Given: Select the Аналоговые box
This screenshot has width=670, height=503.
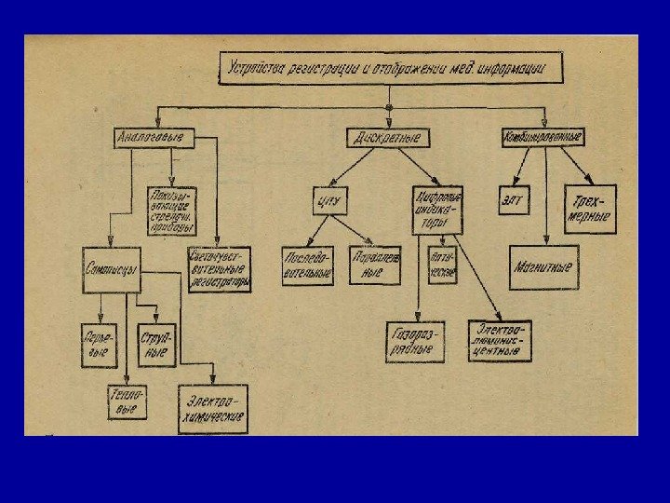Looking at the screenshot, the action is [149, 138].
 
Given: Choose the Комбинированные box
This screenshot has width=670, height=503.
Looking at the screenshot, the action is [543, 137].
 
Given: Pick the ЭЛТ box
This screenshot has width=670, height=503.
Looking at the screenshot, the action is [515, 198].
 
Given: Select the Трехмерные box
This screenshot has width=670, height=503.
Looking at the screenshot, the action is [590, 208].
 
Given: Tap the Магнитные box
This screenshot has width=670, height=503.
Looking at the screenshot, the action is [543, 267].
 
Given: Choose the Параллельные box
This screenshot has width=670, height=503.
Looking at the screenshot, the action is [374, 265].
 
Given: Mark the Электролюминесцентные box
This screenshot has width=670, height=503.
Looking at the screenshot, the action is [500, 341].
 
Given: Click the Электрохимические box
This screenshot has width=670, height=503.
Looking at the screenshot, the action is [214, 410].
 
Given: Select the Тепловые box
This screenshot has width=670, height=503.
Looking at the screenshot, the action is [126, 401].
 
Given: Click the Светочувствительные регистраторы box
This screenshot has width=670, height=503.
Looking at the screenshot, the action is [221, 269].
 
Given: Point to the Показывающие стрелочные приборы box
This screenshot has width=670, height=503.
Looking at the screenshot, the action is [172, 211].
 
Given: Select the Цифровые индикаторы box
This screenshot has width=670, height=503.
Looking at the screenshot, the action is [437, 211].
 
